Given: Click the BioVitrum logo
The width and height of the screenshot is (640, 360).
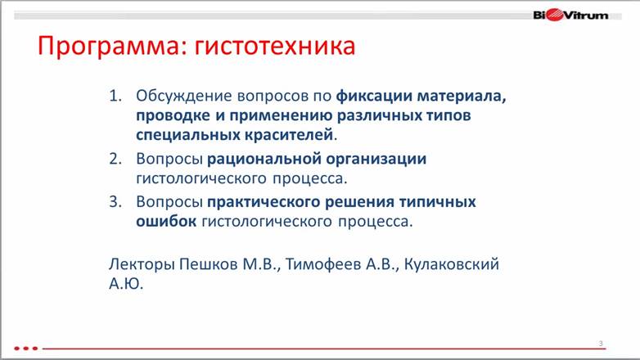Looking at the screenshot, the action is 570,15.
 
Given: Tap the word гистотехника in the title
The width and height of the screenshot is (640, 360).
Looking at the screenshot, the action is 275,46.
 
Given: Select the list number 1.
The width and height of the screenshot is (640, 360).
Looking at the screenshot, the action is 115,96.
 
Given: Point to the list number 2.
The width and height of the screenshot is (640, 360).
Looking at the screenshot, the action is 115,159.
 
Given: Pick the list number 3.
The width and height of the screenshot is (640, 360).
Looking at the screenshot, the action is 115,201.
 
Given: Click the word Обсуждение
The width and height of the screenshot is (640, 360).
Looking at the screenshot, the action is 184,97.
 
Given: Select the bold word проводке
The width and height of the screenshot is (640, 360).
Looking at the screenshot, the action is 173,116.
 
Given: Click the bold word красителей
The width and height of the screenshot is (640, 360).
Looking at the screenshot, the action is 289,135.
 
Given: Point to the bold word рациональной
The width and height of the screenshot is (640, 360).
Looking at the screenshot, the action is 264,160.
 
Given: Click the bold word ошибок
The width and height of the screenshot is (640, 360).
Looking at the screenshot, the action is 166,221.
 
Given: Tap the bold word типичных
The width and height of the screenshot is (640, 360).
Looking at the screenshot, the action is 437,201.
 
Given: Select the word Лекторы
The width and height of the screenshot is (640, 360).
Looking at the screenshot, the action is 142,264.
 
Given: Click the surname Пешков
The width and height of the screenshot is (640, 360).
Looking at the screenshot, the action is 209,264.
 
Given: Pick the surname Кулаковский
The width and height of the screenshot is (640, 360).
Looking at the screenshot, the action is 452,264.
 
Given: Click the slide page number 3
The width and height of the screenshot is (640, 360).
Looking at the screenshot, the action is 601,344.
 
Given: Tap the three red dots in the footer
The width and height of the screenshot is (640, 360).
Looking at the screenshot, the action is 25,349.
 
